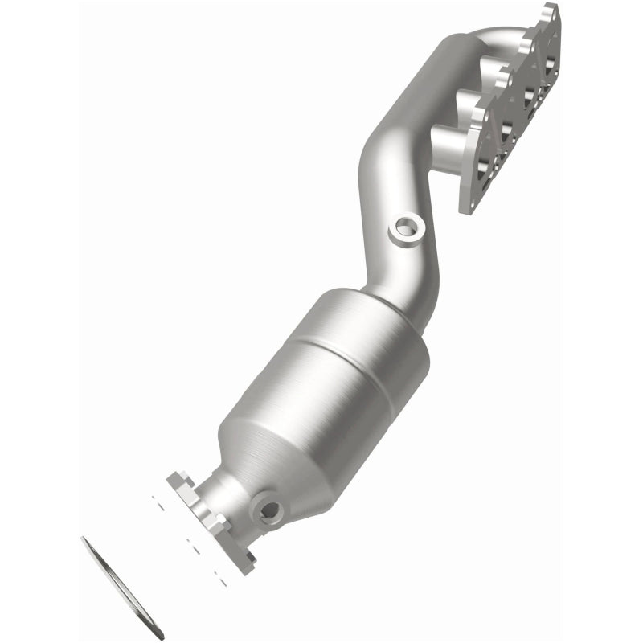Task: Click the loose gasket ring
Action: click(122, 588)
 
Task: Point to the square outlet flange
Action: click(211, 522)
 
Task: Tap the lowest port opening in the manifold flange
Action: click(485, 168)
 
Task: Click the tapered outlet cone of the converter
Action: click(297, 474)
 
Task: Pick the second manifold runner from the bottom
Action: click(474, 105)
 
